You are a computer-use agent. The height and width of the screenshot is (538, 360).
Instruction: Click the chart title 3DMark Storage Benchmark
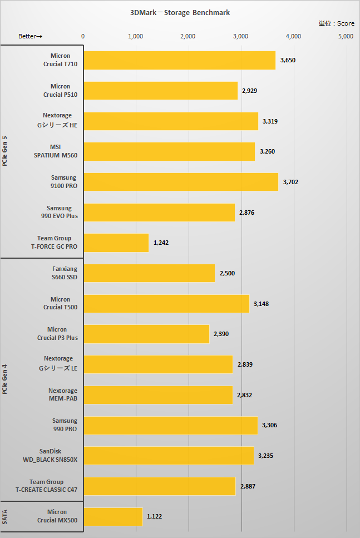[180, 12]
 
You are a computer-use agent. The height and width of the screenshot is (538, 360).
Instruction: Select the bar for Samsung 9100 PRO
[181, 182]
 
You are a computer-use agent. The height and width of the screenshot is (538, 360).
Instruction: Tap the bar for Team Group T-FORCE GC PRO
[116, 243]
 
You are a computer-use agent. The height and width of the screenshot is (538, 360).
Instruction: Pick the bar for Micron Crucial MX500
[113, 516]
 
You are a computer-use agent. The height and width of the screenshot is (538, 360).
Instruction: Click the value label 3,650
[288, 60]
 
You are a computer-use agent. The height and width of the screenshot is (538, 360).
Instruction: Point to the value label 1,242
[161, 243]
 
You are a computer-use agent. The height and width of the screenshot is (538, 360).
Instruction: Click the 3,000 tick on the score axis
[240, 36]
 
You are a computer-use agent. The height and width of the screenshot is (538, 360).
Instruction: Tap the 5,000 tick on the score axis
[346, 36]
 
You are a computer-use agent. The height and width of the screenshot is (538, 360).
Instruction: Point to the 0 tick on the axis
[83, 36]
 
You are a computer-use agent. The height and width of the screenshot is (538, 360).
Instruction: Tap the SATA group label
[5, 517]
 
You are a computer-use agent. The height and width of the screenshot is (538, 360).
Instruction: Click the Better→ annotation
[31, 36]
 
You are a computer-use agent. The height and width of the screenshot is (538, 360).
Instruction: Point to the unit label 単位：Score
[336, 23]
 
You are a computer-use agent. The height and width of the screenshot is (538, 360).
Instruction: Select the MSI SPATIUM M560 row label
[58, 151]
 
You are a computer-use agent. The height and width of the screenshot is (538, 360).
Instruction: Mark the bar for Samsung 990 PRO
[170, 425]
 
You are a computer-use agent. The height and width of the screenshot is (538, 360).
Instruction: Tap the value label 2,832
[245, 395]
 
